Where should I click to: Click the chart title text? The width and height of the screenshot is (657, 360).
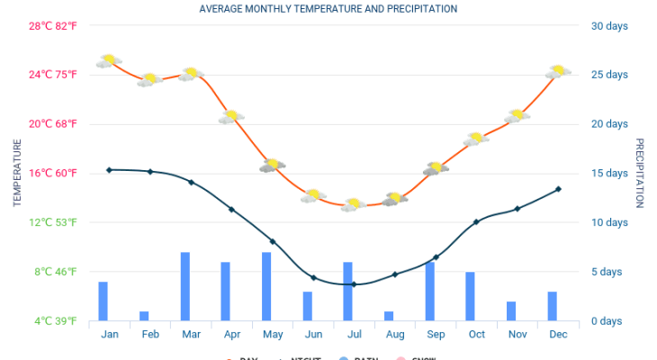[x=328, y=9]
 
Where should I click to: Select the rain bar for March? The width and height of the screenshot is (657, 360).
[x=185, y=286]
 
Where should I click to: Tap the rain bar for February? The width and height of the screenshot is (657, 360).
[x=144, y=316]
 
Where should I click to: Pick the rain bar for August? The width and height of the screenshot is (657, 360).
[x=389, y=316]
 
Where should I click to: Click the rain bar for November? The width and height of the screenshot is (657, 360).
[x=511, y=310]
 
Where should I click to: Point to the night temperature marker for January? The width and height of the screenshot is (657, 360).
[x=109, y=169]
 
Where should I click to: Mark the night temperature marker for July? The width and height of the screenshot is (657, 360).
[x=354, y=284]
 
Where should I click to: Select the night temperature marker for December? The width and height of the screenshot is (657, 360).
[x=558, y=189]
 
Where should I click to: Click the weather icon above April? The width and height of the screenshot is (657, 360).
[x=231, y=116]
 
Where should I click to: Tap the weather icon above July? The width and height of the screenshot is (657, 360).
[x=353, y=204]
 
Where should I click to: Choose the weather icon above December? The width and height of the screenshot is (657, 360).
[x=558, y=71]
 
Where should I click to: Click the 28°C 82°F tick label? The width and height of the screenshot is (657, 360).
[x=53, y=25]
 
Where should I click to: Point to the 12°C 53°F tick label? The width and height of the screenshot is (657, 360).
[x=53, y=222]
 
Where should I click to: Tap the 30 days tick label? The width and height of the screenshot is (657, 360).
[x=608, y=25]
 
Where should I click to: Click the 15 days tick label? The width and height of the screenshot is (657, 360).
[x=608, y=173]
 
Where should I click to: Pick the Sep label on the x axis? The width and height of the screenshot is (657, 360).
[x=436, y=335]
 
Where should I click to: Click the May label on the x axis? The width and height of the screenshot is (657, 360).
[x=273, y=335]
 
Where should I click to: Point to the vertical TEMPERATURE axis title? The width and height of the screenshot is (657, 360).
[x=16, y=173]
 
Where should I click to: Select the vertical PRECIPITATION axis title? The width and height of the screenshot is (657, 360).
[x=640, y=173]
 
